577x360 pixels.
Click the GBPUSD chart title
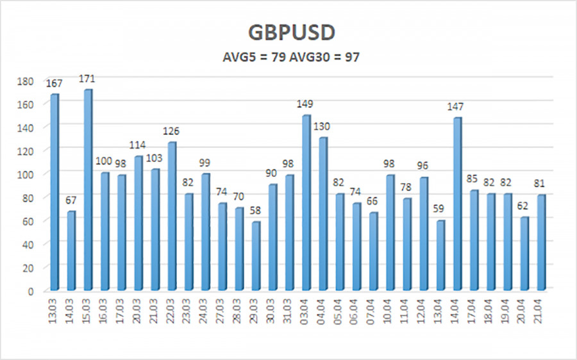288,34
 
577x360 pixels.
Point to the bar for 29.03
256,256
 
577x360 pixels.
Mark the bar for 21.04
541,243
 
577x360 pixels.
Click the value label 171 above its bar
87,79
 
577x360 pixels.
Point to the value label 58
256,211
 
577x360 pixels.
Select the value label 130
323,127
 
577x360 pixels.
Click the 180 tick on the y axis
27,81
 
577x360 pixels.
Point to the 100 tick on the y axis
27,174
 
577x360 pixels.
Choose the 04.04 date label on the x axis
323,314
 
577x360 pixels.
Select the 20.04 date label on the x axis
524,314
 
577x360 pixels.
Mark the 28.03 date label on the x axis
239,314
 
